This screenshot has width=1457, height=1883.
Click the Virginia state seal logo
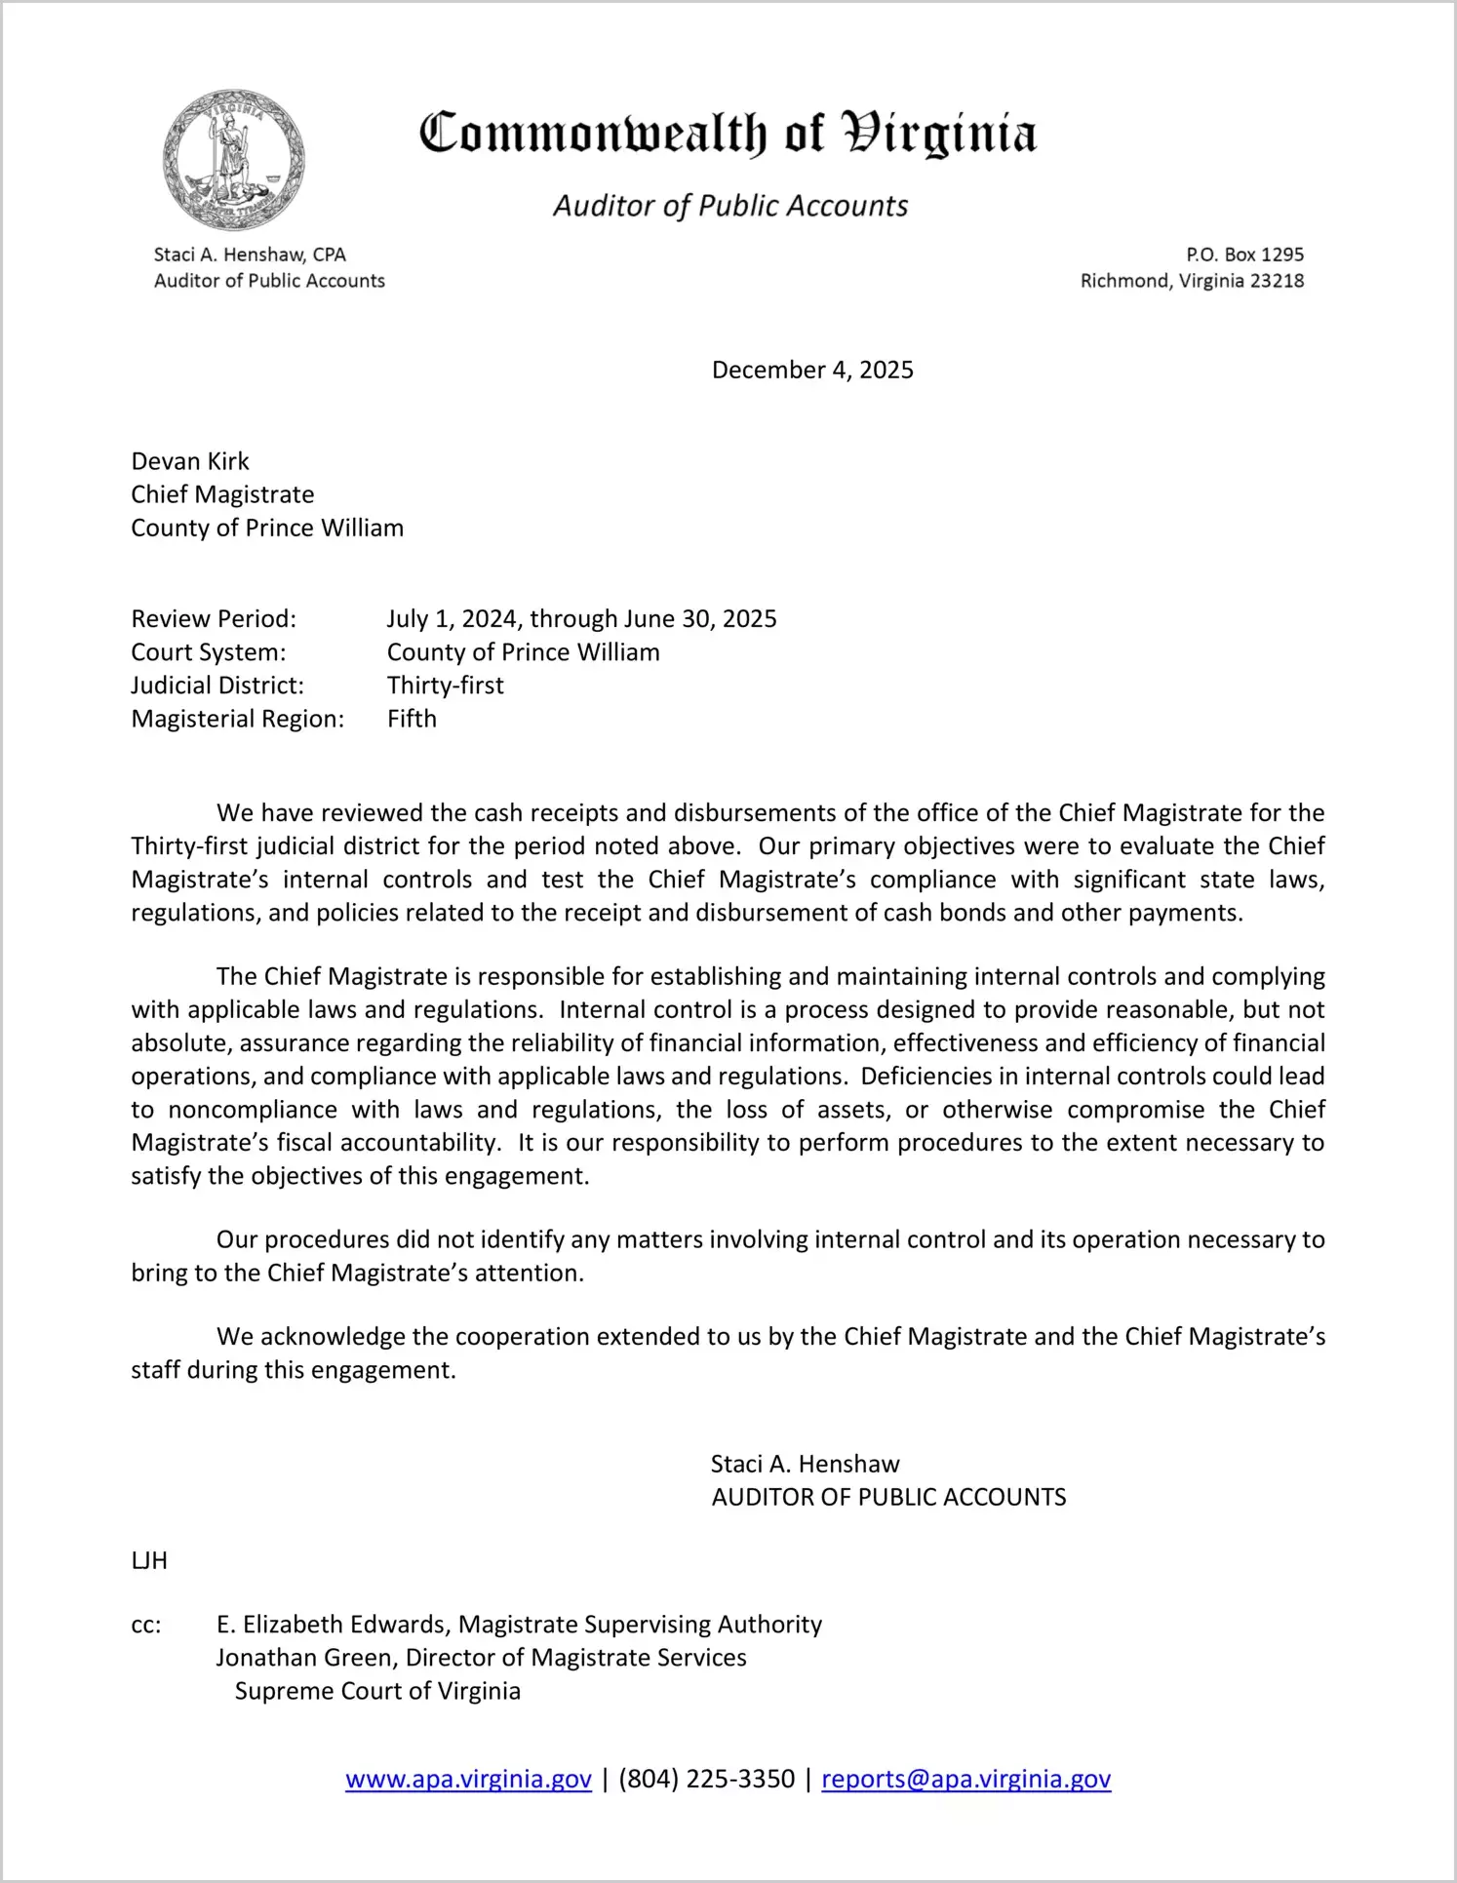click(x=234, y=160)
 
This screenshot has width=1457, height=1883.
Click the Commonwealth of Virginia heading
click(x=728, y=134)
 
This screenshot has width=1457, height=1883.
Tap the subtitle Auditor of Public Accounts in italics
click(x=730, y=206)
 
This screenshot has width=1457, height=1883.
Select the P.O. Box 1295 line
click(x=1244, y=255)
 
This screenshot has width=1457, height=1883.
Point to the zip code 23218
click(x=1277, y=281)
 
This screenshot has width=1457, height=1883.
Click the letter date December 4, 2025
click(x=812, y=370)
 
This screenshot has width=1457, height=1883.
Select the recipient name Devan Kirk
click(x=190, y=461)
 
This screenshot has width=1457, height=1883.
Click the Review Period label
click(x=214, y=619)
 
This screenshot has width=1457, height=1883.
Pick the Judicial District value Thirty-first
click(x=446, y=686)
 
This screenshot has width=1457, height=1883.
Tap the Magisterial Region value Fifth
click(x=412, y=719)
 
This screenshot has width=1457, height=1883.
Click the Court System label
click(x=209, y=652)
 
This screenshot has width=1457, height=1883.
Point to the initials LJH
click(x=149, y=1561)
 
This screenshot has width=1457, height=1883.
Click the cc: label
click(x=146, y=1625)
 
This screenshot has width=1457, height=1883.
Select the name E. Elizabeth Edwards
click(x=332, y=1625)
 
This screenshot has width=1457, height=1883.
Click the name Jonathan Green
click(x=303, y=1658)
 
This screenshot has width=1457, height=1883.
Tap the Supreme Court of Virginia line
click(x=377, y=1691)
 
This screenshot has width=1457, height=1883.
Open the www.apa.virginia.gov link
click(x=468, y=1779)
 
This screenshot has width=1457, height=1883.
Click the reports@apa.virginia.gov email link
click(x=965, y=1779)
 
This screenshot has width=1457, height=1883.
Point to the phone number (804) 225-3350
click(x=706, y=1779)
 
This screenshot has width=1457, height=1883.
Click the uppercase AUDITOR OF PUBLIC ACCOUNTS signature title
click(x=888, y=1497)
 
